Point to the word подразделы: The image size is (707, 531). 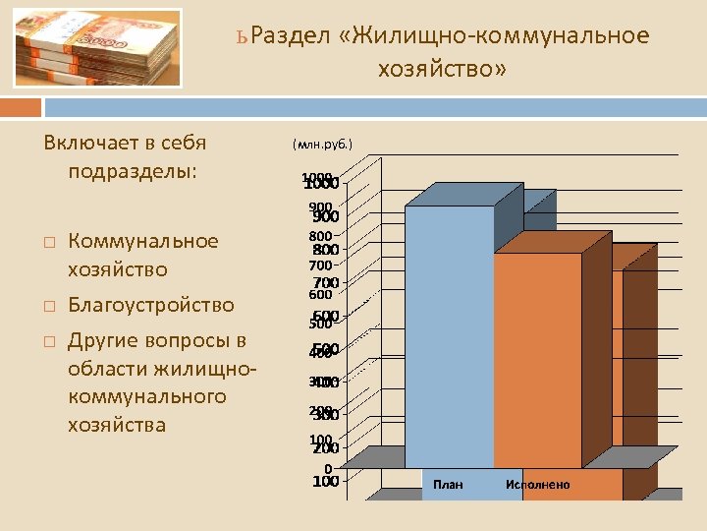pos(134,172)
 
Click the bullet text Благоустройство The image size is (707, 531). pos(151,305)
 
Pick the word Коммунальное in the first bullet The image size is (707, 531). pos(143,242)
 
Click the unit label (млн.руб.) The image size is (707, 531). pos(322,145)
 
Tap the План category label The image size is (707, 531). pos(448,484)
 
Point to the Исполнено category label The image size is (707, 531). pos(537,484)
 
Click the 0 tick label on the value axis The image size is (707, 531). pos(328,468)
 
